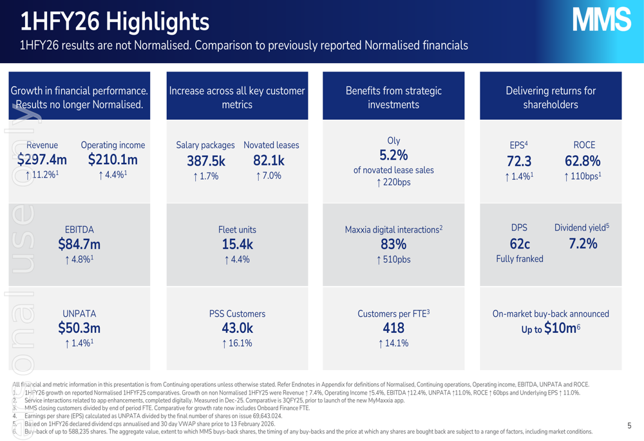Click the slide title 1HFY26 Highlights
click(115, 22)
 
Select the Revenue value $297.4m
click(42, 160)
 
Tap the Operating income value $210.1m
click(113, 160)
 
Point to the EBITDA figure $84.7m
click(79, 244)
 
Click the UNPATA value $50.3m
click(79, 328)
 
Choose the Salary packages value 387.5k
click(205, 161)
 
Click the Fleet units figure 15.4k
click(237, 244)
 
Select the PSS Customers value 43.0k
click(237, 328)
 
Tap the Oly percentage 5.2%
click(393, 155)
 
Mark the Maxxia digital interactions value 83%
click(393, 244)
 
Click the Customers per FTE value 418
click(393, 328)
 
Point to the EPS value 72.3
click(519, 161)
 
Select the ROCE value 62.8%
click(583, 161)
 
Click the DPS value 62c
click(519, 243)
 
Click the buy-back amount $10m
click(560, 328)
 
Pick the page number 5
click(629, 426)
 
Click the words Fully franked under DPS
click(519, 259)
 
